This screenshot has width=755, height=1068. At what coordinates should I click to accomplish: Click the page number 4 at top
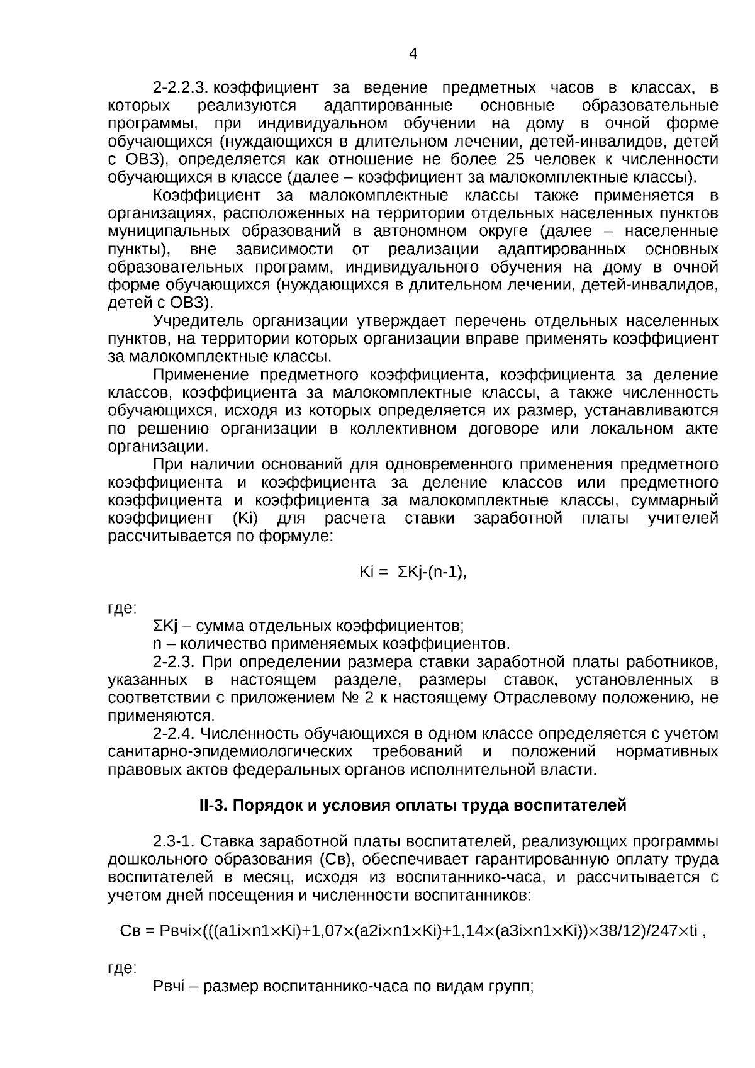(x=413, y=54)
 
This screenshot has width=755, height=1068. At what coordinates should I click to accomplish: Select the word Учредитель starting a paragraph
(x=198, y=321)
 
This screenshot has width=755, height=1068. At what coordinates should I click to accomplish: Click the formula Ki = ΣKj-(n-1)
(x=413, y=572)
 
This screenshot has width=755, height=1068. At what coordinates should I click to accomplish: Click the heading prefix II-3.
(x=214, y=806)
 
